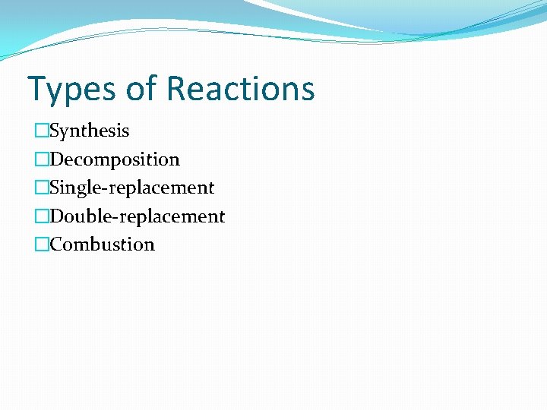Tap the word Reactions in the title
(240, 88)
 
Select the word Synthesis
(90, 131)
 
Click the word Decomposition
(115, 159)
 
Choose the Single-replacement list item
(132, 188)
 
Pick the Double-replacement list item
(138, 216)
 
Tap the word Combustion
(102, 244)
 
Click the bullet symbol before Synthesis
(41, 131)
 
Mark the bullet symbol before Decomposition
(41, 159)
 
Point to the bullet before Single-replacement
(41, 188)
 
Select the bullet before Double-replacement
(41, 216)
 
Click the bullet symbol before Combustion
(41, 244)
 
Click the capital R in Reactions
(177, 88)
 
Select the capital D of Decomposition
(56, 159)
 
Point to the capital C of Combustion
(55, 244)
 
